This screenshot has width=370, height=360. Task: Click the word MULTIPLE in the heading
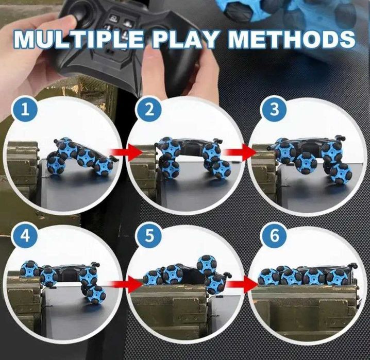coord(78,39)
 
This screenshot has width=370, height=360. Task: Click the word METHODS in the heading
coord(292,39)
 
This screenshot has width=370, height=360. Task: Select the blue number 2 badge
coord(149,110)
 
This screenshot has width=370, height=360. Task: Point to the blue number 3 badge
coord(274,109)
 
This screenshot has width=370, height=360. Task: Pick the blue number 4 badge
coord(25,235)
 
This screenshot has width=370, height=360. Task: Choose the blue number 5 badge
coord(149,235)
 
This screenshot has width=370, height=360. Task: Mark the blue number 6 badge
coord(274,235)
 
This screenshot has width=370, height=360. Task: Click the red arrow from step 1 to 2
coord(127,152)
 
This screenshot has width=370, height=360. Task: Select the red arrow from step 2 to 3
coord(241,152)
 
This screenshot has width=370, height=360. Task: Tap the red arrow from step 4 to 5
coord(127,285)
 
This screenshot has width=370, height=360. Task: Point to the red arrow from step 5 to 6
coord(242,284)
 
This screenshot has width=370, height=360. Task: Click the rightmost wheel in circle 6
coord(338,277)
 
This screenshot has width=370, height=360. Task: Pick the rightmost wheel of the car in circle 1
coord(104,167)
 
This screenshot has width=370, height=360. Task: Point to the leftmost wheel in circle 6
coord(268,277)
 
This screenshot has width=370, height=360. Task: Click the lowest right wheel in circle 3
coord(341,173)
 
